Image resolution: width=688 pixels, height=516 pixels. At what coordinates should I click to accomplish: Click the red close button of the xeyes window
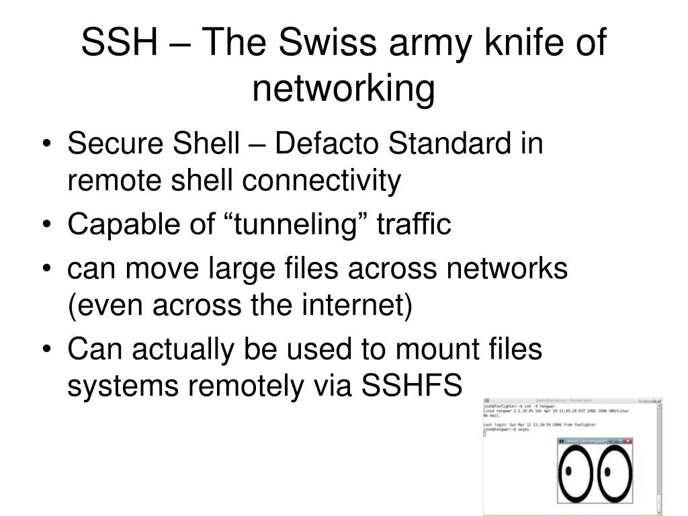628,441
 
